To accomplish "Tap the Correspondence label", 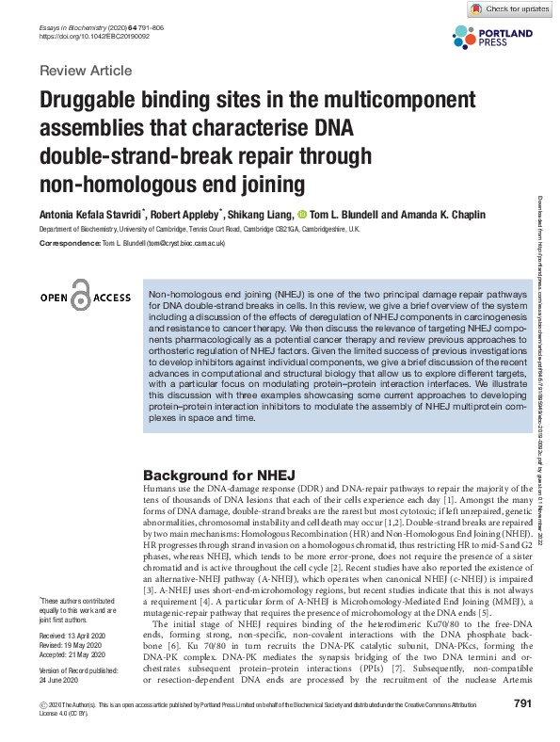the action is [x=67, y=244].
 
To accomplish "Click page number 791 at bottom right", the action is [x=524, y=730].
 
